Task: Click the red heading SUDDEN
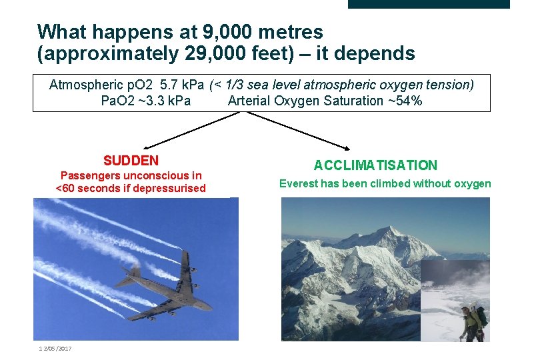(131, 161)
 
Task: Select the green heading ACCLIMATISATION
(375, 165)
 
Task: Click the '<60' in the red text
(65, 189)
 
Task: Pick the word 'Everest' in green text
(299, 183)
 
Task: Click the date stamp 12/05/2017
(55, 349)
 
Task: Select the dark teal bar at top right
(428, 4)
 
